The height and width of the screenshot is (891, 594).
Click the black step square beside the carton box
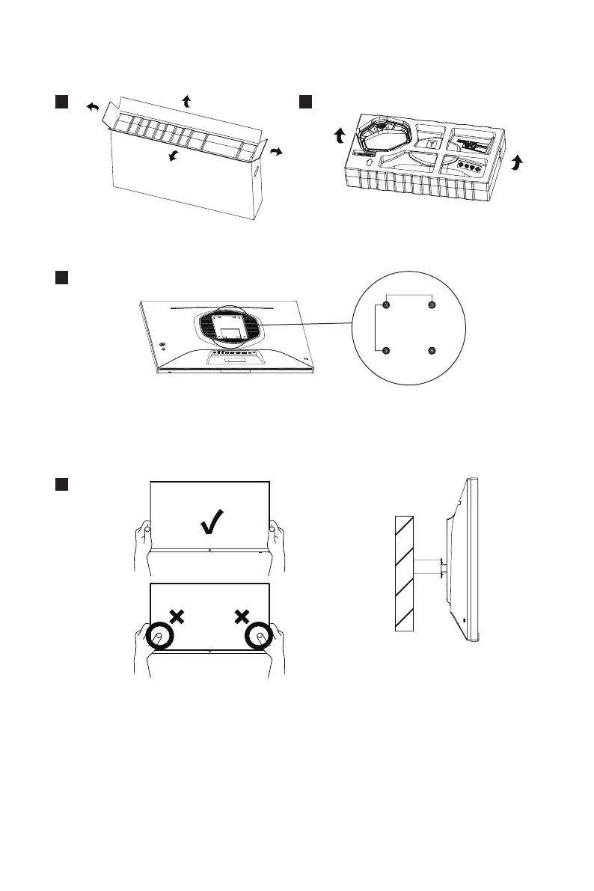coord(61,101)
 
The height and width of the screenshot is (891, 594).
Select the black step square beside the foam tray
coord(305,101)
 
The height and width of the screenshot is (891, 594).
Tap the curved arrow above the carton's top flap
coord(186,102)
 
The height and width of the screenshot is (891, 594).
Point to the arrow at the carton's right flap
coord(276,152)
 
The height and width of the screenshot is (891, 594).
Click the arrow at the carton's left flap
coord(93,108)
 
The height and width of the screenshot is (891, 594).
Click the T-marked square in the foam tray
coord(432,144)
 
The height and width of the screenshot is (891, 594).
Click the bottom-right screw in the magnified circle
coord(432,352)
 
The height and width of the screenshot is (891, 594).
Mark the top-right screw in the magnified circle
coord(432,306)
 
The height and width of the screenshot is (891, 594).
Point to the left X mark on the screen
coord(177,616)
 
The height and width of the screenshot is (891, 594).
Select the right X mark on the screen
coord(242,616)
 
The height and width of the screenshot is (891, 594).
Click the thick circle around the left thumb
coord(160,637)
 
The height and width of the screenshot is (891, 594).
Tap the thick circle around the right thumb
coord(259,637)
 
